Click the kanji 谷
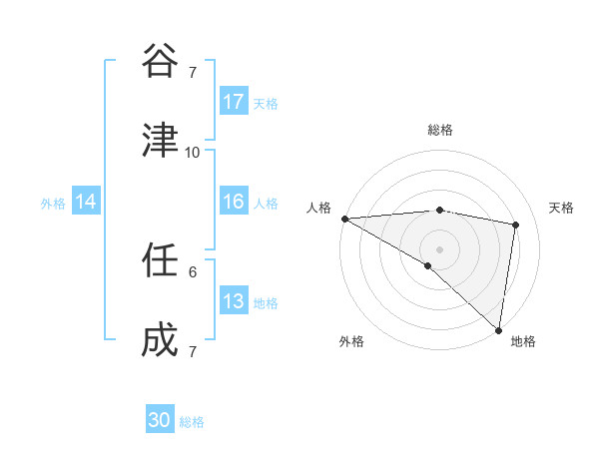[160, 62]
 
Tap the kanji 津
[160, 142]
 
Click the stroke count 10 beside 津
[193, 152]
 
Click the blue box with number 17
[234, 102]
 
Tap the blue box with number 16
[234, 202]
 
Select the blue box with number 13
[234, 301]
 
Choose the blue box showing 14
[86, 202]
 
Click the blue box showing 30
[160, 420]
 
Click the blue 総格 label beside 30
[192, 422]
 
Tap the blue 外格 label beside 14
[53, 204]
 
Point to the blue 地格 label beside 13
[266, 303]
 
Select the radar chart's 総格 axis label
[439, 130]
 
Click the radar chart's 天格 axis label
[562, 208]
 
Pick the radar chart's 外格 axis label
[351, 341]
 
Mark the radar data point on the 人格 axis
[344, 219]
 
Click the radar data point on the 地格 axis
[498, 329]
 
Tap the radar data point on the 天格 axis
[516, 225]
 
